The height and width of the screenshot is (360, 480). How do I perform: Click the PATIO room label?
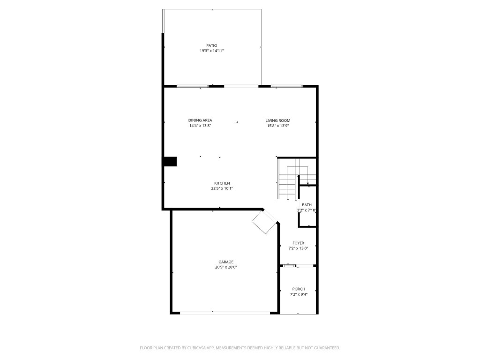click(211, 45)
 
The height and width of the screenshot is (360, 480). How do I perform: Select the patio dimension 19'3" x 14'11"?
click(211, 51)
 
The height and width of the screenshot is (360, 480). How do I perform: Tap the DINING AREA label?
click(200, 120)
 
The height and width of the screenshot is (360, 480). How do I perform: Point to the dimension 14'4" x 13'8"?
click(200, 126)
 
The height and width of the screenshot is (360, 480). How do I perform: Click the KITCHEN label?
click(222, 183)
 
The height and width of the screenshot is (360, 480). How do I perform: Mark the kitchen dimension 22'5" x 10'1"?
click(222, 188)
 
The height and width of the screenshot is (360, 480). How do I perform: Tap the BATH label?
click(307, 205)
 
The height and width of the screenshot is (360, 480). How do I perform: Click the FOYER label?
click(298, 243)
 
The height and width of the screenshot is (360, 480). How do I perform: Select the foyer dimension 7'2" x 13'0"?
click(298, 248)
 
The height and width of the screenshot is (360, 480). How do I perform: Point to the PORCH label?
click(299, 289)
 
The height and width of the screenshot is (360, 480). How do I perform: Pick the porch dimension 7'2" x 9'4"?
click(299, 294)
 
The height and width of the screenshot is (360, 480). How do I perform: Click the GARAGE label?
click(225, 262)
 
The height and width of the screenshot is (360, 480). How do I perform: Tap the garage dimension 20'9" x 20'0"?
click(225, 267)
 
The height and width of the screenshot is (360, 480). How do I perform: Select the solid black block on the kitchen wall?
click(170, 162)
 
